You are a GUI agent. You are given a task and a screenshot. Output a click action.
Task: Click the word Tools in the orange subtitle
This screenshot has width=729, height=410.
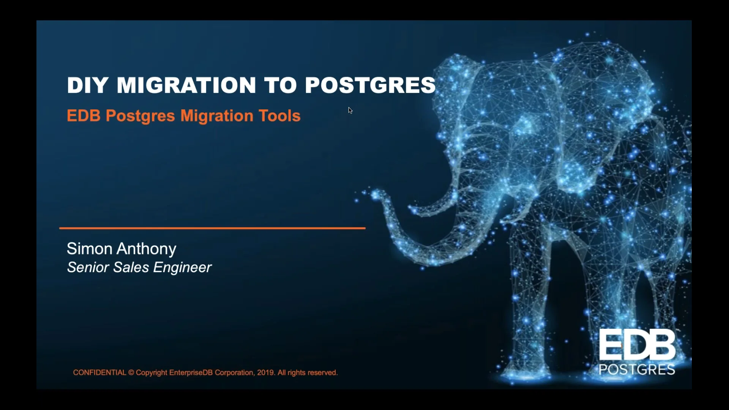tap(279, 116)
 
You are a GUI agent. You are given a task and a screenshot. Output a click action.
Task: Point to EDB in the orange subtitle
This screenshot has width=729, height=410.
tap(84, 116)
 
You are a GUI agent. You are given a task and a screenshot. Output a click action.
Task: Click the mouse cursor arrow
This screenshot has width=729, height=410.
tap(350, 110)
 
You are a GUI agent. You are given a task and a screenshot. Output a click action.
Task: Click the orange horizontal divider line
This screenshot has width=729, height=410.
tap(212, 228)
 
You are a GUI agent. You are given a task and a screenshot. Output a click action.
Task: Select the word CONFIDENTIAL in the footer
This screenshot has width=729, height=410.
tap(99, 373)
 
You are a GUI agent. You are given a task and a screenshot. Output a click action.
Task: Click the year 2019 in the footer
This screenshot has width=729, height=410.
tap(265, 373)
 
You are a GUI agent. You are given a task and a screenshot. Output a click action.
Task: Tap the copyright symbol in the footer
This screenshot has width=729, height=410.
tap(131, 373)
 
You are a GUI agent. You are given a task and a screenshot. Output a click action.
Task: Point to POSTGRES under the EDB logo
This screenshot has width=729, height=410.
tap(637, 369)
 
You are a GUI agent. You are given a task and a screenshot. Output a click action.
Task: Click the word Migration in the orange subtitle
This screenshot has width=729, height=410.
tap(216, 116)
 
